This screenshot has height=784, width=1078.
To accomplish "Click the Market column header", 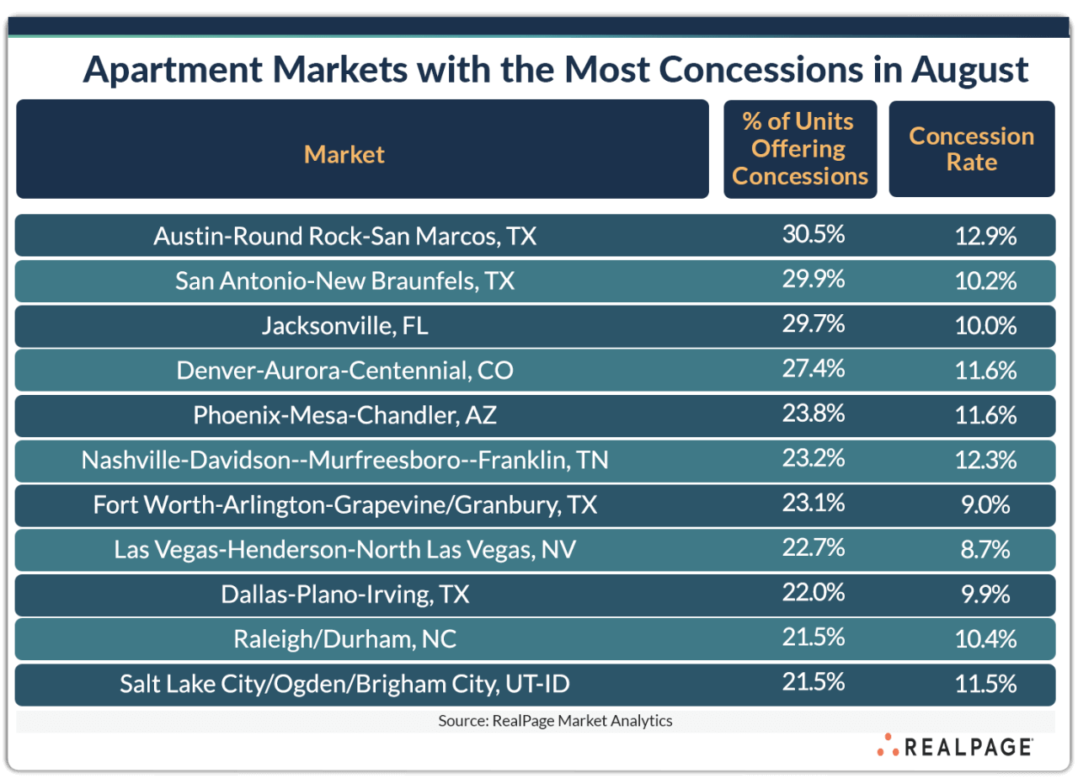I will pos(344,154).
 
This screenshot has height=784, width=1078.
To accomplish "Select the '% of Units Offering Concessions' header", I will pos(799,149).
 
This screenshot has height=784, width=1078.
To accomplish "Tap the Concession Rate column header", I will pos(971,149).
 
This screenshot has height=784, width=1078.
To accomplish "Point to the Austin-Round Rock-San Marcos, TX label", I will pos(344,236).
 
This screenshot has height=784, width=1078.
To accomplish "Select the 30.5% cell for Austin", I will pos(813,235).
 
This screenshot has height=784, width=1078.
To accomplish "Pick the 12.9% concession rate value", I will pos(985,236).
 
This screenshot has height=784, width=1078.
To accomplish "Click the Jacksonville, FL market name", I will pos(344,326).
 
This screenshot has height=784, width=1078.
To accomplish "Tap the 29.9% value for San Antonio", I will pos(813,280).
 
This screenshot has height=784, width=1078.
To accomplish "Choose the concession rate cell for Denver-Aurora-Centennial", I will pos(985,371).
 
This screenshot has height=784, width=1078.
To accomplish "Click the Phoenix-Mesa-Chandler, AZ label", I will pos(344,415).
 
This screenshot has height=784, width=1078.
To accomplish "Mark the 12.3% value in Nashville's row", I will pos(985,461).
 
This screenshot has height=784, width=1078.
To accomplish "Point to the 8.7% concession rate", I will pos(985,550).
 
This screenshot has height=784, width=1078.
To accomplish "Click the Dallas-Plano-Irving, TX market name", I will pos(344,595).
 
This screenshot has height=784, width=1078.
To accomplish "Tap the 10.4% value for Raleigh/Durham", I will pos(985,639).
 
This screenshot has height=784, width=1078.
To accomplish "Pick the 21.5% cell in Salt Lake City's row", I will pos(813,683).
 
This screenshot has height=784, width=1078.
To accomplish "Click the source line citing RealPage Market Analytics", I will pos(555,721).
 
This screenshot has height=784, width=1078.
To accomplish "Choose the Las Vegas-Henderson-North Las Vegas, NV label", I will pos(344,550).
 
